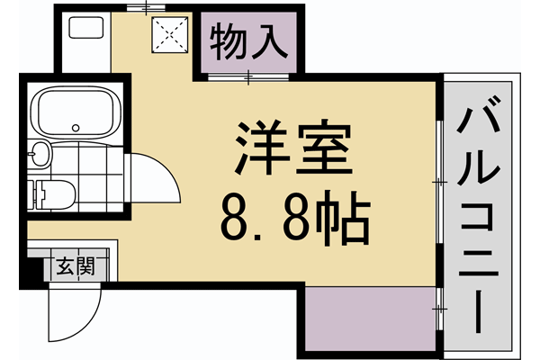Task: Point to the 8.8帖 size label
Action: coord(291,217)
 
